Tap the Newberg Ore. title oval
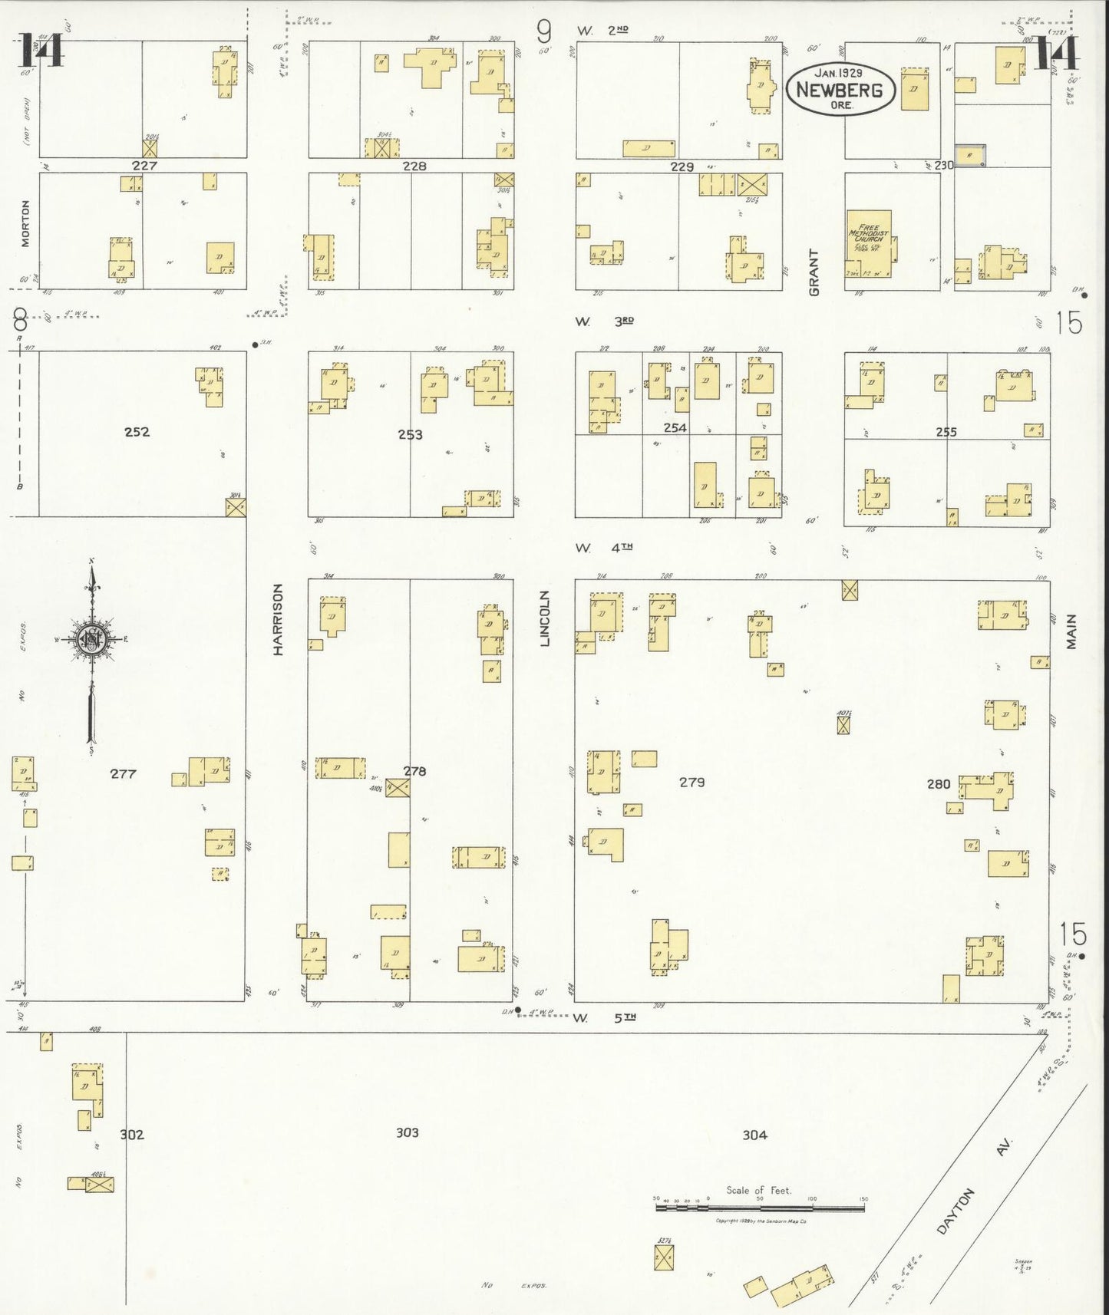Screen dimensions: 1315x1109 tap(840, 88)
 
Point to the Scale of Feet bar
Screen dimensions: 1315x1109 tap(760, 1208)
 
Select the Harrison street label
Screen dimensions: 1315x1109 tap(278, 619)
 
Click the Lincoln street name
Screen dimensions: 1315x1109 tap(545, 618)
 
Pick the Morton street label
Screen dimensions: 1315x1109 tap(25, 223)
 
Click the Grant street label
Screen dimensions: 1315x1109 tap(814, 272)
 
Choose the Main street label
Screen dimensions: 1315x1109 tap(1071, 631)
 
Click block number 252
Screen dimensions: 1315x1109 tap(137, 432)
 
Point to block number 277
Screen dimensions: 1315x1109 tap(123, 773)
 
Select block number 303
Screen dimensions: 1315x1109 tap(407, 1132)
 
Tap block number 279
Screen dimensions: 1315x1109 tap(691, 782)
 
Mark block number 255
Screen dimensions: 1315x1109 tap(946, 432)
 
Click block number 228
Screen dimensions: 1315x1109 tap(414, 166)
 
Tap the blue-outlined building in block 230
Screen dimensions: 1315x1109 tap(970, 155)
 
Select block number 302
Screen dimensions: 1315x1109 tap(132, 1134)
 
